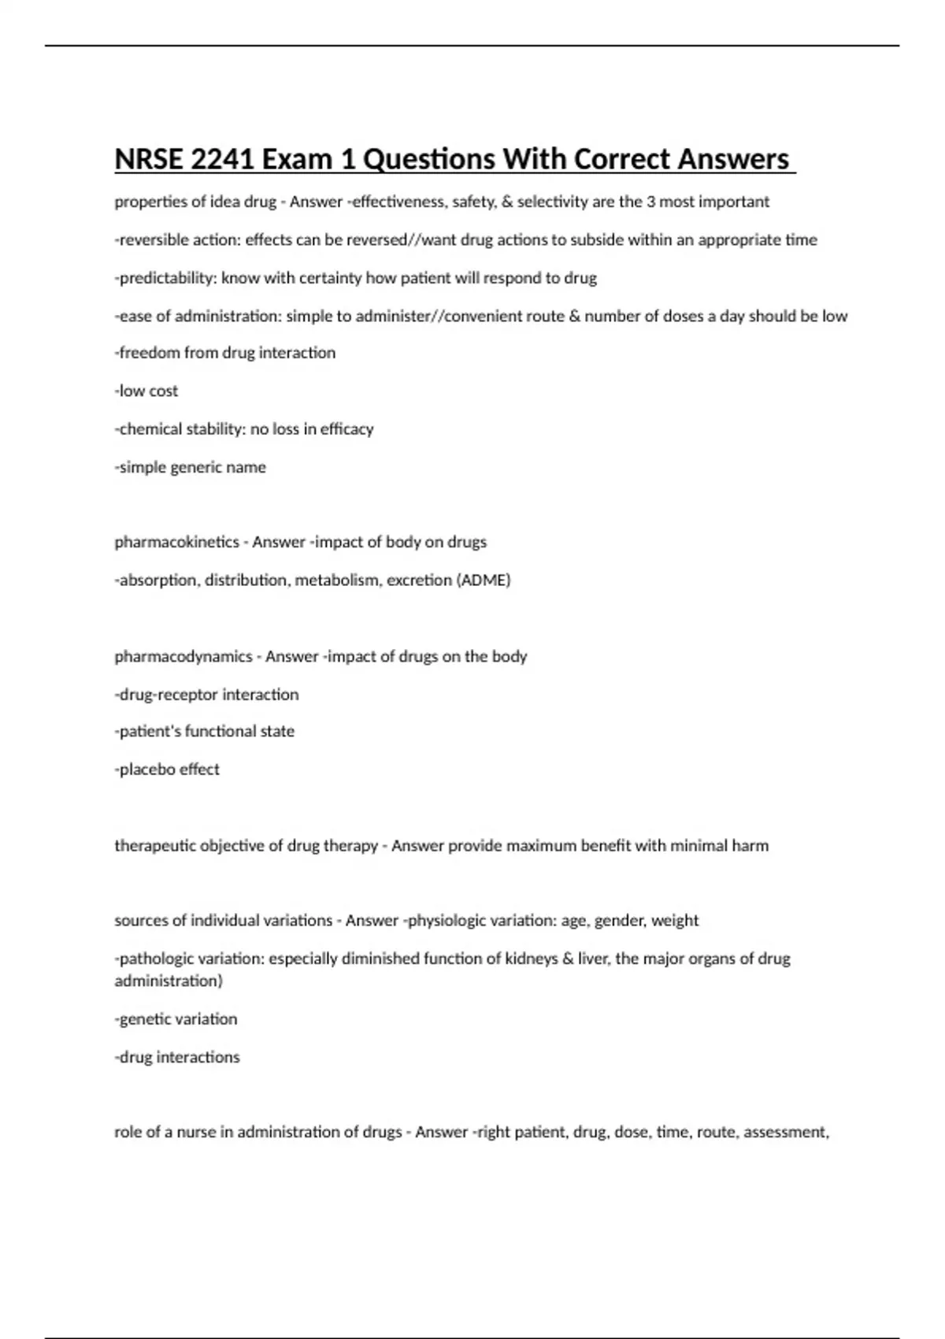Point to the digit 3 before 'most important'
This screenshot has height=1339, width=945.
tap(650, 202)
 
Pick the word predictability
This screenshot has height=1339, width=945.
tap(168, 278)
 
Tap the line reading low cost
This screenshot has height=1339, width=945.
tap(146, 391)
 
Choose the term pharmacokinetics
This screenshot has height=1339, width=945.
tap(176, 542)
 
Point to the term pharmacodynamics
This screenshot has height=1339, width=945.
tap(183, 656)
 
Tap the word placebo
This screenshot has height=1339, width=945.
tap(145, 770)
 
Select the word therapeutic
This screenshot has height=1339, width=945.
tap(154, 846)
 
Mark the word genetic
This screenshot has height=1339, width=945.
tap(145, 1019)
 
